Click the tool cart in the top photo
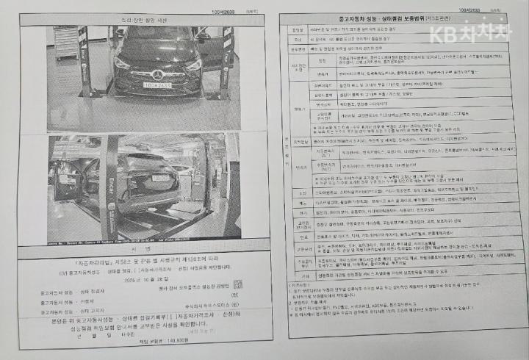pos(65,43)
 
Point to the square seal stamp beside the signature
pos(237,284)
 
